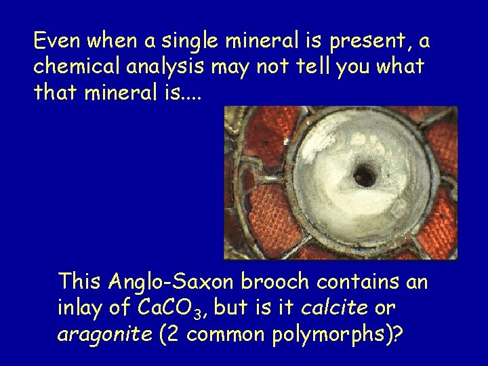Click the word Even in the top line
56,42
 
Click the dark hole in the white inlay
365,176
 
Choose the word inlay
80,308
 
